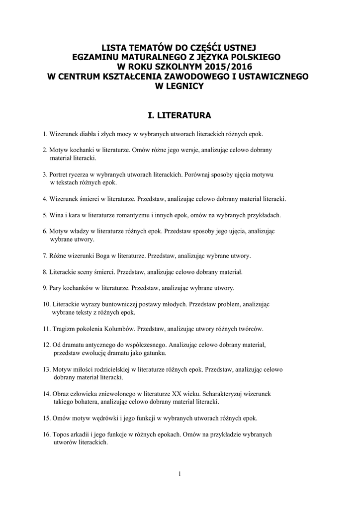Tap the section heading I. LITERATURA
(x=180, y=116)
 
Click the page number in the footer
(x=180, y=474)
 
